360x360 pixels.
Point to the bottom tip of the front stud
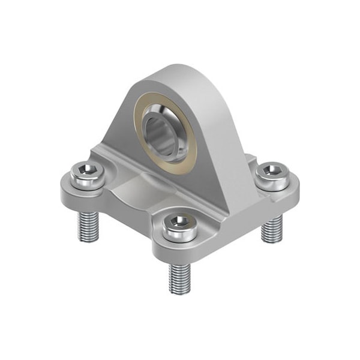pyautogui.click(x=180, y=292)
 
